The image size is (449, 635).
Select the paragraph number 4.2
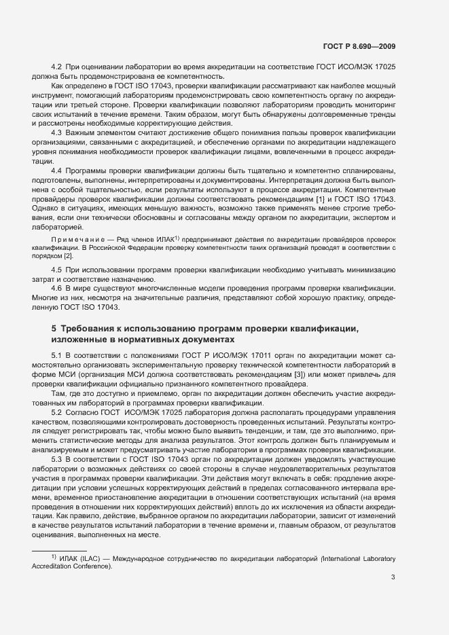pyautogui.click(x=58, y=68)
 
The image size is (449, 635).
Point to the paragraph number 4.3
pyautogui.click(x=58, y=134)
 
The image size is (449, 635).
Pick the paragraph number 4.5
pyautogui.click(x=58, y=270)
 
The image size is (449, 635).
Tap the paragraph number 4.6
pyautogui.click(x=58, y=289)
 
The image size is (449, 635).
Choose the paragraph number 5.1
pyautogui.click(x=58, y=356)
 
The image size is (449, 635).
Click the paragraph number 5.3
pyautogui.click(x=58, y=460)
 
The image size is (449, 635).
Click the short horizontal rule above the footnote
pyautogui.click(x=60, y=550)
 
